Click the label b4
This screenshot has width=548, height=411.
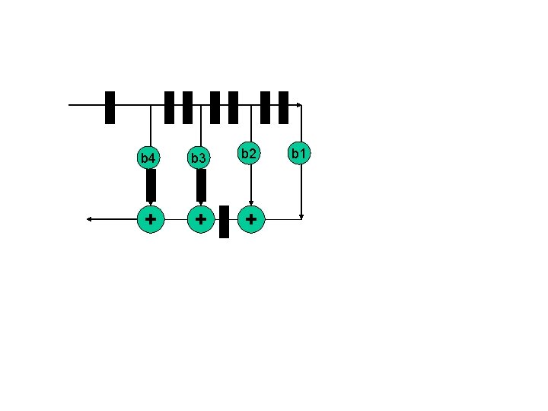(148, 158)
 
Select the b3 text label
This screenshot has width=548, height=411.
(198, 158)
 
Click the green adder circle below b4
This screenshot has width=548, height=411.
(151, 219)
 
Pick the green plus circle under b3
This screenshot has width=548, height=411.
(200, 219)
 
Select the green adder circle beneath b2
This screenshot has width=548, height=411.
(251, 219)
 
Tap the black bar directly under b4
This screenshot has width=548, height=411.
(151, 185)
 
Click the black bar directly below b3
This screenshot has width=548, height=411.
(201, 185)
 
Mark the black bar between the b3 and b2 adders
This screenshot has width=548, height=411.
(224, 221)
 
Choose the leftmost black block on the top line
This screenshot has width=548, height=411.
(110, 107)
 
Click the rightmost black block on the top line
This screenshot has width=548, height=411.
(284, 107)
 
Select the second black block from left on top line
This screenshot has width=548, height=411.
(169, 107)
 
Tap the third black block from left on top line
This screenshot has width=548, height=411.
(187, 107)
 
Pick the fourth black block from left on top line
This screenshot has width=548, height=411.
(215, 107)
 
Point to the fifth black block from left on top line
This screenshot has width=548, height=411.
(234, 107)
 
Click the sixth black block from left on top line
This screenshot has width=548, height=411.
(265, 107)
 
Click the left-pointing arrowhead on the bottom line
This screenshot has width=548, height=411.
(90, 219)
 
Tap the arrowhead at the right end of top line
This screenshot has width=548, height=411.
(299, 105)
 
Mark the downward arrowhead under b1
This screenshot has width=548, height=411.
(301, 216)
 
